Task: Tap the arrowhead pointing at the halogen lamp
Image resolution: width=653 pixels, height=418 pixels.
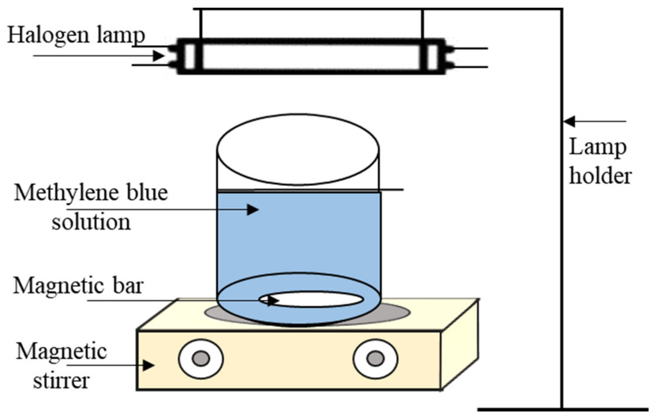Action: click(x=159, y=56)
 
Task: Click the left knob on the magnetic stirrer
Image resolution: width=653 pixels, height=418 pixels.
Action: click(x=201, y=359)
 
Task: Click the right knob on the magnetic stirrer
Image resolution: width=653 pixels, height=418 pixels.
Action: click(x=376, y=359)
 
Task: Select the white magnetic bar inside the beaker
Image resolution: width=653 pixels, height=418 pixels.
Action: click(x=315, y=299)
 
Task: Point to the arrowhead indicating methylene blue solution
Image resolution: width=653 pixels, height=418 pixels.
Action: click(x=253, y=210)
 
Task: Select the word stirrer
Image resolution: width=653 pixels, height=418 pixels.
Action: click(x=61, y=381)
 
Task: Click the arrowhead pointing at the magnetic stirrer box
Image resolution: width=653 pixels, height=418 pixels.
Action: click(x=148, y=365)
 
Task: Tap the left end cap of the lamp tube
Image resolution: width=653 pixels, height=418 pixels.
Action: click(x=189, y=56)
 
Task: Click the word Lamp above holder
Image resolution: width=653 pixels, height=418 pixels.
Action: click(x=597, y=148)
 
